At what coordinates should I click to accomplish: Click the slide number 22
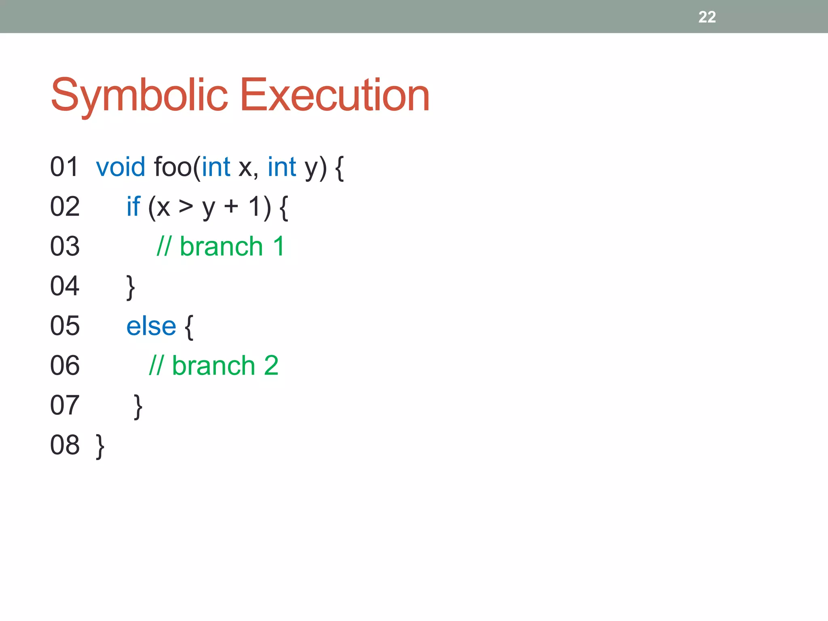click(707, 17)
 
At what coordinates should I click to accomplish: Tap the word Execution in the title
click(334, 95)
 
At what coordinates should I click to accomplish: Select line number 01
click(64, 167)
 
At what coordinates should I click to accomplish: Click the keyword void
click(120, 167)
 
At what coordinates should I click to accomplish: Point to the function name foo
click(173, 167)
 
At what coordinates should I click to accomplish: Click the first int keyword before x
click(216, 167)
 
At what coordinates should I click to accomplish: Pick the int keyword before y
click(282, 167)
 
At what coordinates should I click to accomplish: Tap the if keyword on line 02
click(133, 206)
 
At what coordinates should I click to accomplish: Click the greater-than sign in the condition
click(186, 206)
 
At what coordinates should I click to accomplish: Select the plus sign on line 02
click(231, 206)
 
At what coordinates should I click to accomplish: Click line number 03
click(65, 246)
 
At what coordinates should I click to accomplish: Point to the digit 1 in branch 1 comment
click(279, 246)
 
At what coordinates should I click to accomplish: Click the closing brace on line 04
click(130, 287)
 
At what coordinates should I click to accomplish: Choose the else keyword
click(151, 326)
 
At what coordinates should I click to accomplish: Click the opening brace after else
click(189, 327)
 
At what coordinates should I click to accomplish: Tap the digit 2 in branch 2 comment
click(271, 365)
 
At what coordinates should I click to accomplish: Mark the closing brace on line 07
click(138, 406)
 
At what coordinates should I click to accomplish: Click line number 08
click(65, 445)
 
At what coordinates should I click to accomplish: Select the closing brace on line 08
click(100, 446)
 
